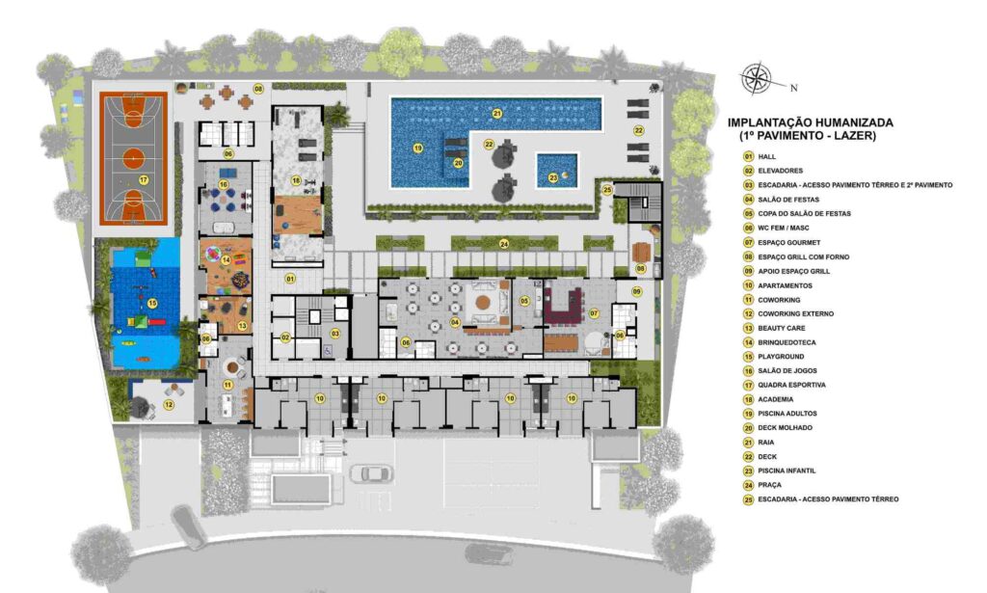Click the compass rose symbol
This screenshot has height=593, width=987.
756,78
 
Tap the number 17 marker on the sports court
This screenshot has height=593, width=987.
144,180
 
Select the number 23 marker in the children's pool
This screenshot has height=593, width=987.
552,178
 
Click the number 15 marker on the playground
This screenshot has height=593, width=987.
151,304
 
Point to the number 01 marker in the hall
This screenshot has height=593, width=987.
290,279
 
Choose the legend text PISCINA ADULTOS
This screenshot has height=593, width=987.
787,414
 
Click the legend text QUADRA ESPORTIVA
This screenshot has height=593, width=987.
791,385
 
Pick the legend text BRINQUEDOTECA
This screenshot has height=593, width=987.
787,342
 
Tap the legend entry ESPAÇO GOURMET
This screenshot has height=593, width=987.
788,242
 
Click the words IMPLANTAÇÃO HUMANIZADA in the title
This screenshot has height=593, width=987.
810,122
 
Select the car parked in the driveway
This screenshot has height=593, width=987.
371,473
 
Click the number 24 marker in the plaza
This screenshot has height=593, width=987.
503,244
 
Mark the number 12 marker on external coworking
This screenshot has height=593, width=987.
169,405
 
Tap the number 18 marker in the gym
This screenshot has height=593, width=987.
296,180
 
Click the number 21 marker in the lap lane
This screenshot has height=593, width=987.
497,114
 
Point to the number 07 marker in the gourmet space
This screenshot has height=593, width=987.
594,312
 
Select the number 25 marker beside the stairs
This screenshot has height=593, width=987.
607,190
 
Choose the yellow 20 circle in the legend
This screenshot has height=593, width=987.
748,428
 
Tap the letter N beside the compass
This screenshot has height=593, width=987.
794,88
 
